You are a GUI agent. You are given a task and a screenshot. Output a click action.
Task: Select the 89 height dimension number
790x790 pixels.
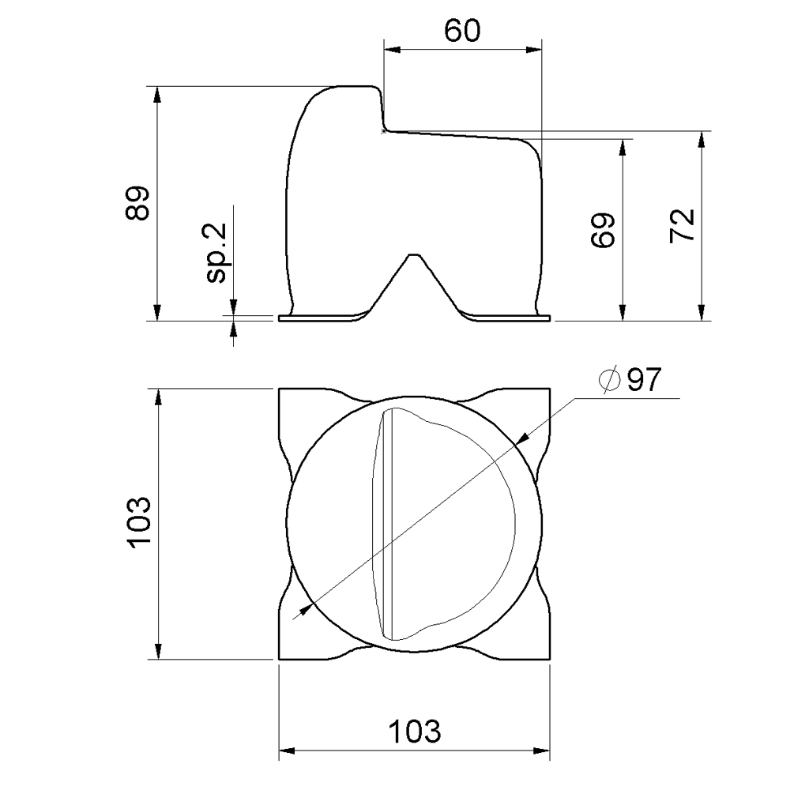138,204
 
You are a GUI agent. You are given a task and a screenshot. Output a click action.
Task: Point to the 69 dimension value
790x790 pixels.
604,231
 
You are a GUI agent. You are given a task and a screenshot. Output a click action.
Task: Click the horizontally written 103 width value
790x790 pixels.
414,732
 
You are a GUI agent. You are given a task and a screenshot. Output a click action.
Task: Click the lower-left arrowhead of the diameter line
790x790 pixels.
303,611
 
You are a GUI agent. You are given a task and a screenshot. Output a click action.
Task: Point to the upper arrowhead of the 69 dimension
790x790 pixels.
623,148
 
